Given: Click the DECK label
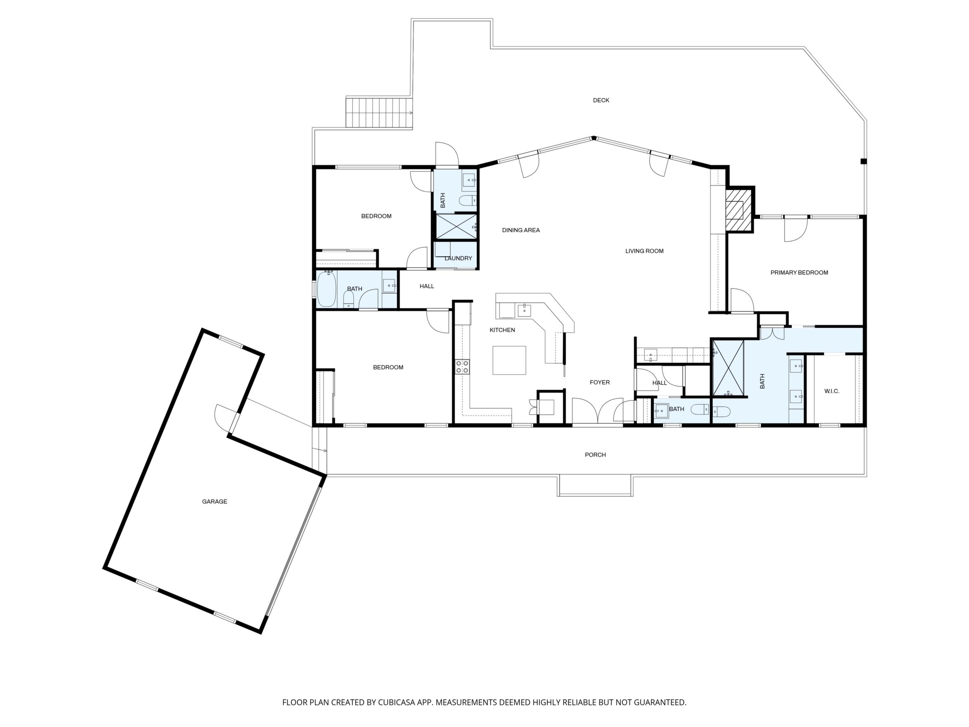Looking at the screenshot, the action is pos(601,100).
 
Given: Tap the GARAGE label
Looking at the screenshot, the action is pos(215,501).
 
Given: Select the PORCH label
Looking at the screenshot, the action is pos(595,455).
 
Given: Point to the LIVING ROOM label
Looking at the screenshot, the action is pos(644,251).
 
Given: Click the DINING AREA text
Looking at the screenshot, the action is pos(521,230).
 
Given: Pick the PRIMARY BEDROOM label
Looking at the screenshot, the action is pos(799,273).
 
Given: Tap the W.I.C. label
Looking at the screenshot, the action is pos(832,391).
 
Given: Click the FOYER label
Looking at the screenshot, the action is pos(600,382).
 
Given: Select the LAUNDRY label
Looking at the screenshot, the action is pos(458,258).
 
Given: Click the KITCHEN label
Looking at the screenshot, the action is pos(502,330).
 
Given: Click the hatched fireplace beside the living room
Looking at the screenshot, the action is pos(739,209).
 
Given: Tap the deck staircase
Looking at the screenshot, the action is pos(379,113).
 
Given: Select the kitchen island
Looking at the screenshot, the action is pos(509,360).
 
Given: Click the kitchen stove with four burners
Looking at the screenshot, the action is pos(462,367).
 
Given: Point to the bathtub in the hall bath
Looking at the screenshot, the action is pos(326,289).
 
